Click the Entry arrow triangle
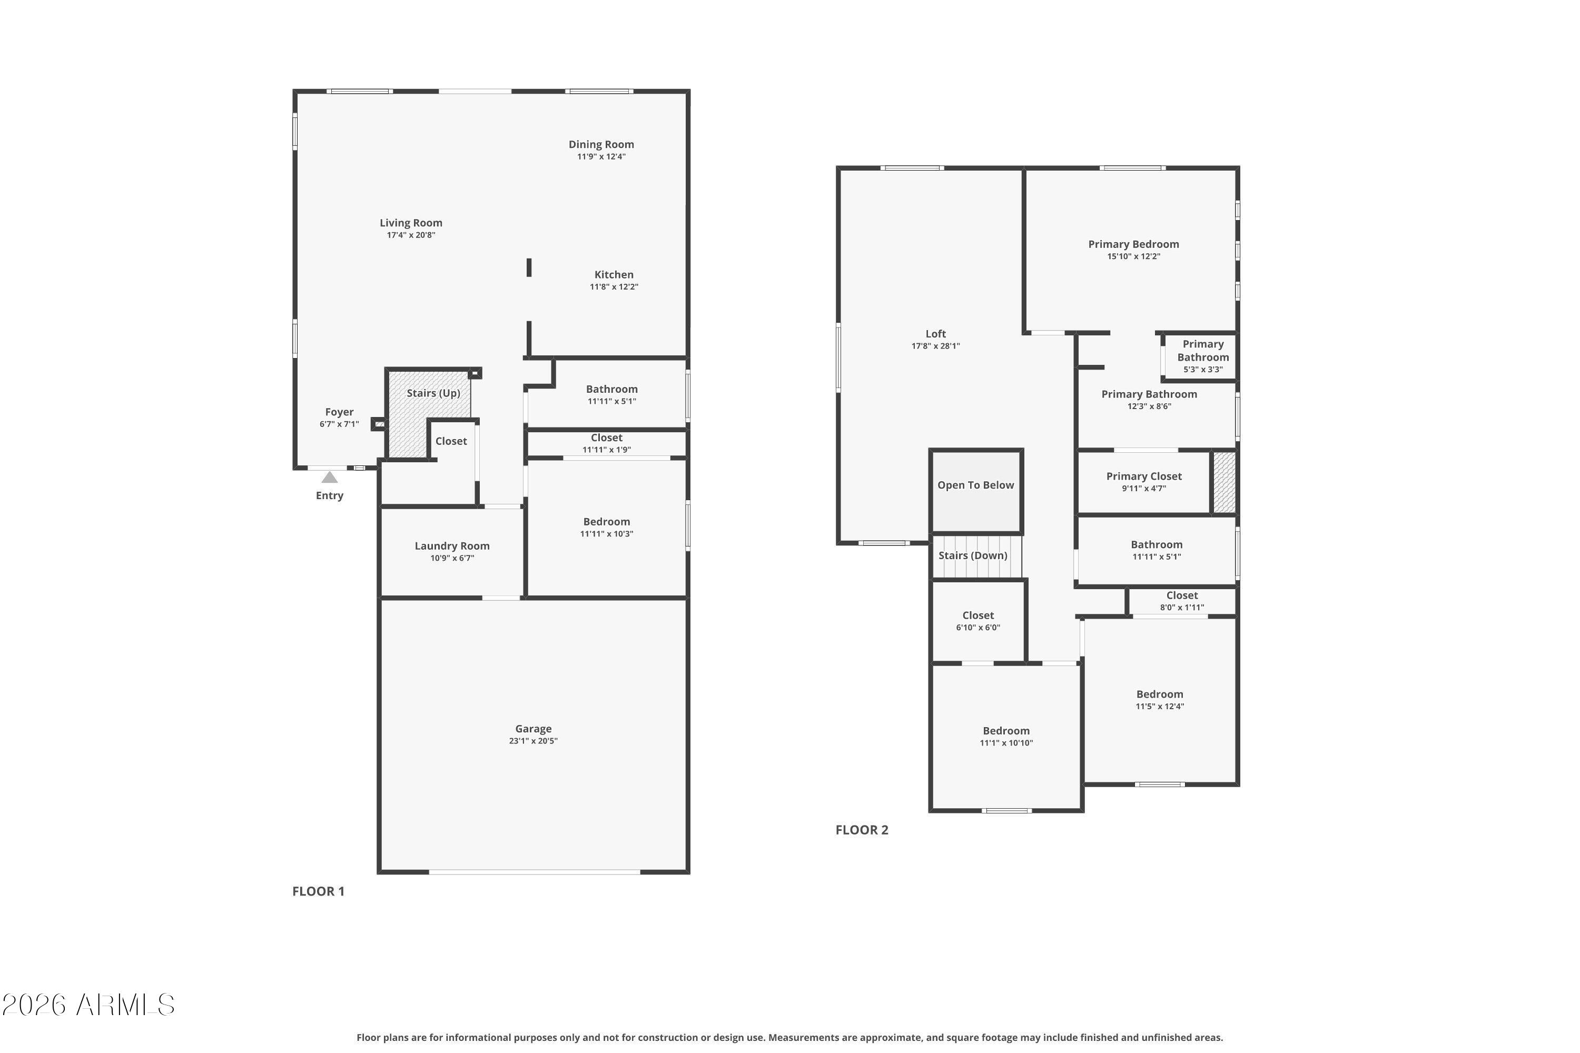coord(329,478)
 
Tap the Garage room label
coord(534,729)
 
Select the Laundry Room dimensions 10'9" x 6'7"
coord(452,558)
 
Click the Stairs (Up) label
coord(433,393)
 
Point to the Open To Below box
coord(976,491)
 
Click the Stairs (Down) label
coord(973,555)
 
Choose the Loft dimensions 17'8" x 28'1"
coord(935,346)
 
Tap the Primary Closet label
coord(1143,476)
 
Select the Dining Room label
coord(601,144)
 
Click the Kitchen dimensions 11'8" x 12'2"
coord(614,287)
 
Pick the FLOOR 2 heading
coord(862,830)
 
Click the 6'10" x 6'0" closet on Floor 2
coord(978,621)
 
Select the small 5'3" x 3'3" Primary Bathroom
coord(1202,356)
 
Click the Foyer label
coord(339,412)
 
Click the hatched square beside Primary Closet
coord(1224,483)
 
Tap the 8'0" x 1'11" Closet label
coord(1182,595)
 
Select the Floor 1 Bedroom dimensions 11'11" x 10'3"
coord(607,534)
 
